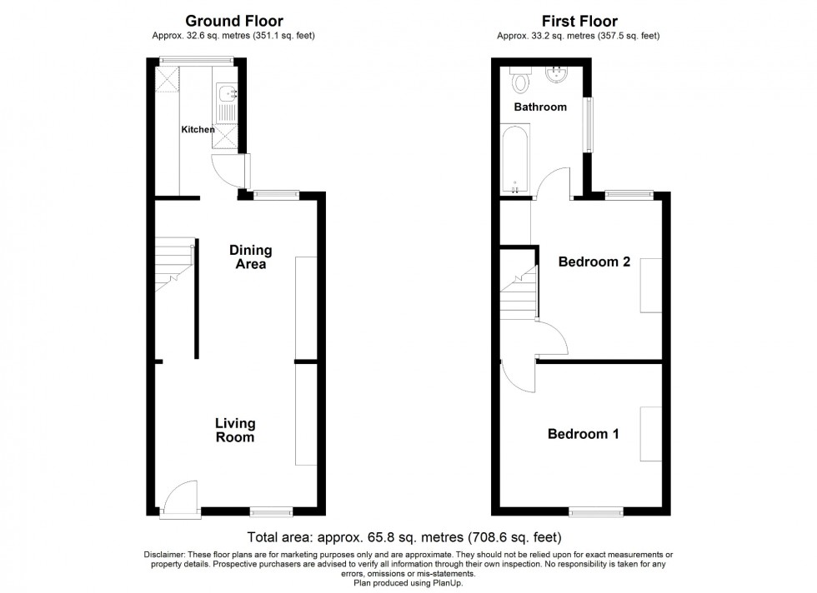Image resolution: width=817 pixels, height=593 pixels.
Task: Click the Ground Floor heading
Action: (233, 21)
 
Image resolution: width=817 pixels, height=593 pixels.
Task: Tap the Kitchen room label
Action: (198, 130)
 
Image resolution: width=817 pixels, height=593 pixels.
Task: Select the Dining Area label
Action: (250, 257)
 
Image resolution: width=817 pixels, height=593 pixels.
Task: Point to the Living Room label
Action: (234, 430)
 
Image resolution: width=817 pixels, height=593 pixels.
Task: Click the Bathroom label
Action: (539, 107)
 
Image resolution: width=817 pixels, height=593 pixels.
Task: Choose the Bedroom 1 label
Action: (583, 434)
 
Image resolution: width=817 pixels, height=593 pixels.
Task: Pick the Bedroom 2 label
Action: (594, 262)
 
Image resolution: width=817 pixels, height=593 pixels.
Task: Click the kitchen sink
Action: (226, 94)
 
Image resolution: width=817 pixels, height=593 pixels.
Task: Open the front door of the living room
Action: (179, 500)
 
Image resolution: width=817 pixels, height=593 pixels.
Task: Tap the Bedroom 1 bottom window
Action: (596, 508)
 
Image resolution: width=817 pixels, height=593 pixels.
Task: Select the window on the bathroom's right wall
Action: (590, 125)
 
